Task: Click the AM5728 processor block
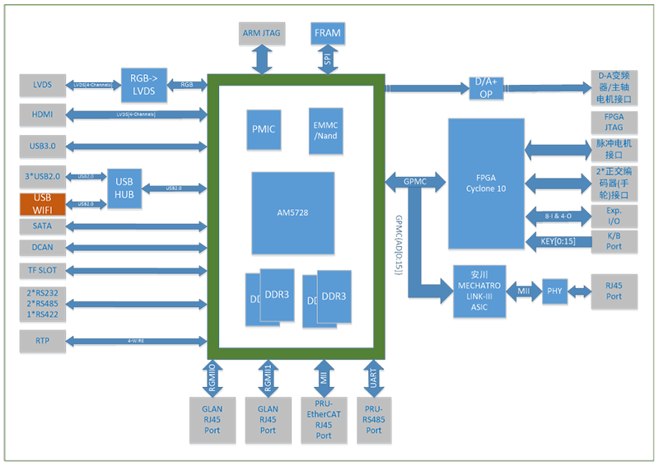click(292, 212)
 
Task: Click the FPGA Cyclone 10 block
click(486, 182)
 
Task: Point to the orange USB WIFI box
click(42, 204)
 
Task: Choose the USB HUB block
click(124, 187)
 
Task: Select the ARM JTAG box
click(262, 33)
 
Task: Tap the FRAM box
click(327, 33)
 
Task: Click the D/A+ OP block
click(486, 87)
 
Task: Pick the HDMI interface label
click(42, 115)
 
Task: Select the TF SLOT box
click(42, 269)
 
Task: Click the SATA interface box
click(42, 226)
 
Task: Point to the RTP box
click(42, 340)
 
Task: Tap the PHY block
click(555, 291)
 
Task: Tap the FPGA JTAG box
click(614, 123)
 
